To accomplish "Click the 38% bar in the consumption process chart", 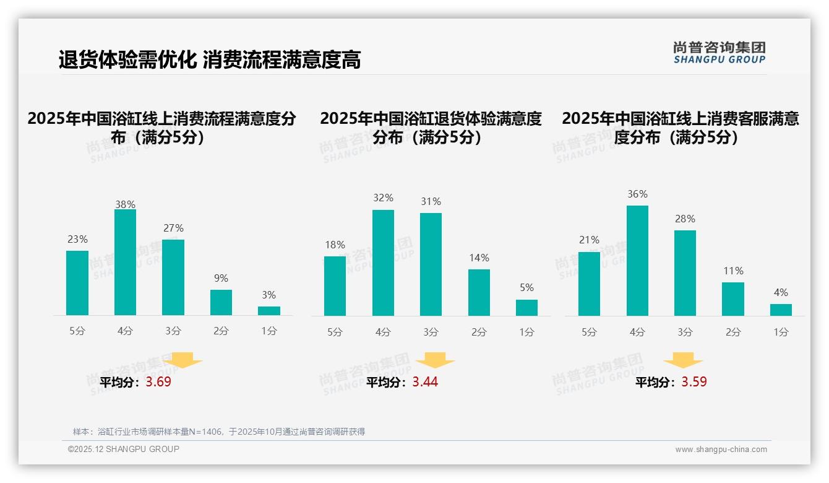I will click(125, 263).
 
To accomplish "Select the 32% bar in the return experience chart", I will click(383, 263).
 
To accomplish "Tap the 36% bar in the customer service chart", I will click(637, 261).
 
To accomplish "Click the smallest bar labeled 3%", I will click(269, 311).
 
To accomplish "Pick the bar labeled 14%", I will click(479, 292).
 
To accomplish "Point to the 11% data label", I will click(733, 271).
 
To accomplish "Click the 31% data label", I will click(431, 202).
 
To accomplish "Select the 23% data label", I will click(77, 239).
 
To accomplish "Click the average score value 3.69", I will click(158, 382).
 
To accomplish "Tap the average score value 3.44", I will click(425, 382).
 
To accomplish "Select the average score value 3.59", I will click(694, 382).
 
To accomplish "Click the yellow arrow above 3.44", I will click(435, 360).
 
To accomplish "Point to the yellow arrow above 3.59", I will click(683, 360).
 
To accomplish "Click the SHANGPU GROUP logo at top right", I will click(719, 53).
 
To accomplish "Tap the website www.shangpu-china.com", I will click(721, 450).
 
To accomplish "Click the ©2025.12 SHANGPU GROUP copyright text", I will click(124, 449).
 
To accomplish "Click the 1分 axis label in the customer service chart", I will click(781, 332).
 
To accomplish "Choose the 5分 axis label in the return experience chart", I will click(335, 332).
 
